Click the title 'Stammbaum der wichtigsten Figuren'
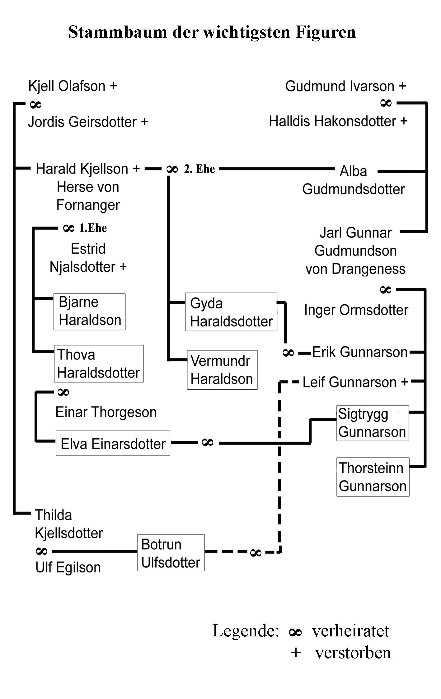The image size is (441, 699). click(212, 32)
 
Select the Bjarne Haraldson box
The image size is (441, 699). click(90, 311)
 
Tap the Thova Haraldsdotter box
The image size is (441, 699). click(99, 364)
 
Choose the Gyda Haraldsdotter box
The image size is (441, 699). click(231, 312)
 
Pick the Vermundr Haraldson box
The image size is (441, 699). click(222, 370)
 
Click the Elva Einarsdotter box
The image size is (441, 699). click(113, 443)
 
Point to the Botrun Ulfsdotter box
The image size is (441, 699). click(171, 553)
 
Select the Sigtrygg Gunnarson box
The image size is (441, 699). click(372, 423)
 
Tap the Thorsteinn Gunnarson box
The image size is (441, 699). click(373, 477)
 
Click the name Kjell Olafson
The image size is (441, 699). click(67, 86)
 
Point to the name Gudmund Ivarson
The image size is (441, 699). click(340, 86)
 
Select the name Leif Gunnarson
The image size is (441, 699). click(350, 382)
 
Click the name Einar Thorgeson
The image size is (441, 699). click(106, 412)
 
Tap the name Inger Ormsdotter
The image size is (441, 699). click(356, 310)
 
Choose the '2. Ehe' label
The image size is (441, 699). click(199, 169)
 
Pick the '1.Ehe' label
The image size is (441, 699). click(93, 228)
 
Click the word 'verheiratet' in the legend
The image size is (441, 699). click(350, 631)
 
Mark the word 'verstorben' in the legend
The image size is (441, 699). click(353, 653)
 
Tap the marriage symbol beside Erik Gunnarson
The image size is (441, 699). click(288, 353)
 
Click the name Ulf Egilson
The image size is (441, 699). click(68, 567)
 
